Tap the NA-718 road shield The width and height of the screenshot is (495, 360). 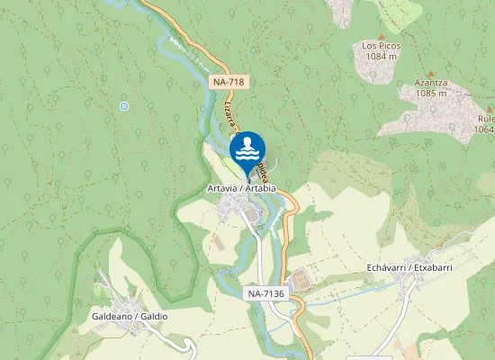pyautogui.click(x=229, y=82)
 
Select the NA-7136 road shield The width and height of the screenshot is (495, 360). pyautogui.click(x=267, y=293)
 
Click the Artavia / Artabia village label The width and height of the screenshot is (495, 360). pyautogui.click(x=240, y=188)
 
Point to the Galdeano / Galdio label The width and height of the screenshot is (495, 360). pyautogui.click(x=130, y=317)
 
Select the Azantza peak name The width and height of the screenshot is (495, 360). pyautogui.click(x=431, y=82)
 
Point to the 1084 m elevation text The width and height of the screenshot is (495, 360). pyautogui.click(x=382, y=56)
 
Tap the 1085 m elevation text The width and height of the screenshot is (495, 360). pyautogui.click(x=431, y=93)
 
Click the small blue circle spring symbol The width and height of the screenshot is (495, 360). pyautogui.click(x=124, y=106)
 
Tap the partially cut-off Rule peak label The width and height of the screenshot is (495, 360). pyautogui.click(x=485, y=117)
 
